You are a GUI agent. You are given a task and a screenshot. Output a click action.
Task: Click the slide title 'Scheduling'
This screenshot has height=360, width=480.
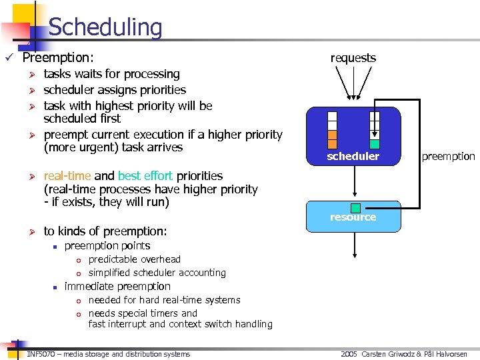tap(105, 27)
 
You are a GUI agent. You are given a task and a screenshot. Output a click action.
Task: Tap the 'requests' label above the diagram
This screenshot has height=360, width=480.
tap(353, 58)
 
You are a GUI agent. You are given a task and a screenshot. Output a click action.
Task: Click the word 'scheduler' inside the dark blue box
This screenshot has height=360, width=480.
tap(353, 157)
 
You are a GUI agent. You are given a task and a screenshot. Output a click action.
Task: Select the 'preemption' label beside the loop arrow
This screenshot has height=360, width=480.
tap(448, 157)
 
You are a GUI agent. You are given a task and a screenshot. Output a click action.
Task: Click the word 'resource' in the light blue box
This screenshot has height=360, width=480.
tap(353, 217)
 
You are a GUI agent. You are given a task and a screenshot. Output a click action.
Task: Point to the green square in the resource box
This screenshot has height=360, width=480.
tap(355, 208)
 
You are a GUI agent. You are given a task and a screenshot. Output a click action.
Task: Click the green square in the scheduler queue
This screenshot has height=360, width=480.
tap(375, 144)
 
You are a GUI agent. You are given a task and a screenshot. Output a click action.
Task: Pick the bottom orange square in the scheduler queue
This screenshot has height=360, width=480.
tap(332, 143)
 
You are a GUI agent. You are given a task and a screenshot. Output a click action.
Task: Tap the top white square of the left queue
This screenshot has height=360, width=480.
tap(332, 116)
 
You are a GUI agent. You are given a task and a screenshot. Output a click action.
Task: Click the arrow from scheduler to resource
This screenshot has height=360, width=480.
tap(353, 183)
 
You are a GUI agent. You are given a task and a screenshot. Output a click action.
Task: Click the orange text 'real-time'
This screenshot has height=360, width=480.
tap(67, 176)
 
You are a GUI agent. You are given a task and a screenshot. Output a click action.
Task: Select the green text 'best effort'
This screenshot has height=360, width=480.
tap(145, 176)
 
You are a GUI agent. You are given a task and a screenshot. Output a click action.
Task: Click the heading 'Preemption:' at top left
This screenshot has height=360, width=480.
tap(58, 58)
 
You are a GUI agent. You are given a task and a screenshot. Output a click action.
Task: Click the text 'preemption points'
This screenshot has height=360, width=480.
tap(107, 245)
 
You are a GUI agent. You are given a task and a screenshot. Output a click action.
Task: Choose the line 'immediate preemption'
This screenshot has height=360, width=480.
tap(117, 286)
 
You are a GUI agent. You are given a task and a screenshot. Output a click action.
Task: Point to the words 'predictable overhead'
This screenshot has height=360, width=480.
tap(134, 259)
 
